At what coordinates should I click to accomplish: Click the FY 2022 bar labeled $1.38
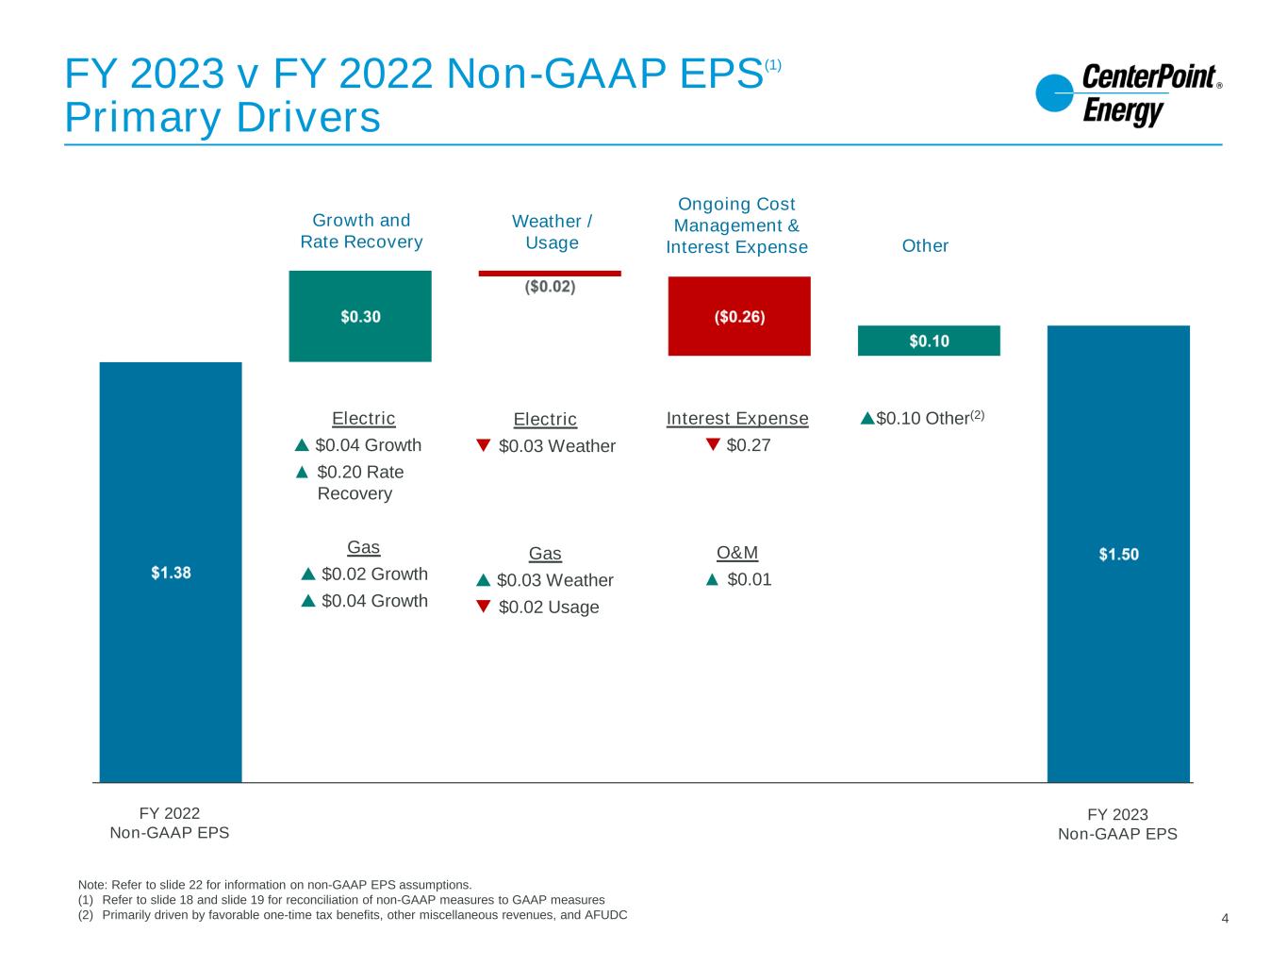coord(171,572)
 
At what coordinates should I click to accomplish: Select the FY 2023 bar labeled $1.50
coord(1118,554)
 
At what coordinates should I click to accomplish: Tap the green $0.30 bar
coord(360,316)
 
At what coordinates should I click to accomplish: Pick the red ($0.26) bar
coord(739,316)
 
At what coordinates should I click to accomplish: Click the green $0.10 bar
coord(929,341)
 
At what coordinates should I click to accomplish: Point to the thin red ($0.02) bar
coord(550,274)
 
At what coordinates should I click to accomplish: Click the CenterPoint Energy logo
coord(1128,94)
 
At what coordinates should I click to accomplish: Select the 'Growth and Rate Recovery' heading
coord(361,231)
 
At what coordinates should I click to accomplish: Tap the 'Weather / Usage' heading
coord(552,232)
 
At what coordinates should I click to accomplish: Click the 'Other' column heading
coord(925,246)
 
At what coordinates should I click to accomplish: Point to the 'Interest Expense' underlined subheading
coord(737,419)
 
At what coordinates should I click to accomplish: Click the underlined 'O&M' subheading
coord(737,553)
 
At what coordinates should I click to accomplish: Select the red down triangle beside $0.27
coord(713,444)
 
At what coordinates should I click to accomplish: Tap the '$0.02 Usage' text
coord(549,608)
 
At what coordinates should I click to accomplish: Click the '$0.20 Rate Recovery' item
coord(358,482)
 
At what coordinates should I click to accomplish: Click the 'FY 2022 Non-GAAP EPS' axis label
coord(170,824)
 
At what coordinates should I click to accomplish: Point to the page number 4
coord(1225,919)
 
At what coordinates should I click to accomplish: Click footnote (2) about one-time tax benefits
coord(354,915)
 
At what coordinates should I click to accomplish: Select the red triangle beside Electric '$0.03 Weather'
coord(484,445)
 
